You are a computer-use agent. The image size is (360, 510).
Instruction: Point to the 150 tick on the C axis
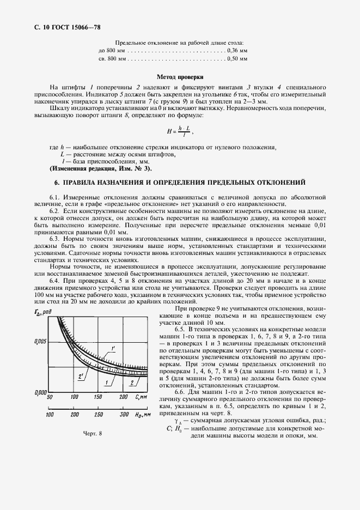[99, 397]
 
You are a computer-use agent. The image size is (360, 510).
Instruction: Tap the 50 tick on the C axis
[50, 397]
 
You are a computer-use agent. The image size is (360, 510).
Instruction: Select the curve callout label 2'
[80, 376]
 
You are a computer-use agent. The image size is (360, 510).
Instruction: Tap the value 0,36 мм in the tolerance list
[236, 50]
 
